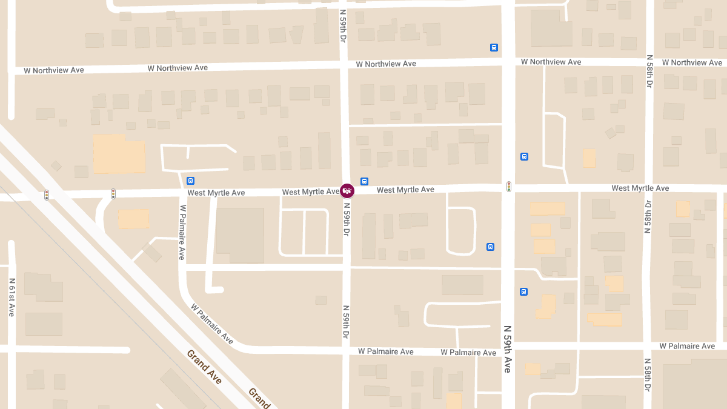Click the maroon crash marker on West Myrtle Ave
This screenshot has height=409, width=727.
coord(347,191)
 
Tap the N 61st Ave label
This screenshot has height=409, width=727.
coord(12,298)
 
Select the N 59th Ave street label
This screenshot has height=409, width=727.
coord(508,348)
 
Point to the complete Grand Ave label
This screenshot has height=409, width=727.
coord(204,367)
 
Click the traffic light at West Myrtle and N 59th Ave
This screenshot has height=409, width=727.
coord(509,187)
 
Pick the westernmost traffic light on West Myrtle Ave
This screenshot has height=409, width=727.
coord(47,195)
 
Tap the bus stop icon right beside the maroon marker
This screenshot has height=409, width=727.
coord(364,181)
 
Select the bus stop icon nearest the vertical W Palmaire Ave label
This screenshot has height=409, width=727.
coord(191,181)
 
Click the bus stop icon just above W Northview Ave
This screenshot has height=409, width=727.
coord(494,47)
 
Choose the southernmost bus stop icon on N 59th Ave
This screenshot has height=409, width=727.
coord(523,291)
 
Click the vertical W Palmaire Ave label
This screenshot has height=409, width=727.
coord(181,232)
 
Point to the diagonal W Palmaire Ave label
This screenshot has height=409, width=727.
coord(212,324)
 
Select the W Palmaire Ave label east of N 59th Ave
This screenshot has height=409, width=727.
coord(687,346)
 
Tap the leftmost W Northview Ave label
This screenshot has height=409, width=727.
coord(54,70)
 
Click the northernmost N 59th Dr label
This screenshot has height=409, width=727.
coord(343,25)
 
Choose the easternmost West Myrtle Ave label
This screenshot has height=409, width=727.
coord(640,188)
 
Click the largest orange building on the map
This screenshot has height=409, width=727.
coord(119,154)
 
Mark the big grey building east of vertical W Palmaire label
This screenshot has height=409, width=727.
coord(240,235)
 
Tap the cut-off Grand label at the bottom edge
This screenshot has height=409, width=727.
coord(259,398)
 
